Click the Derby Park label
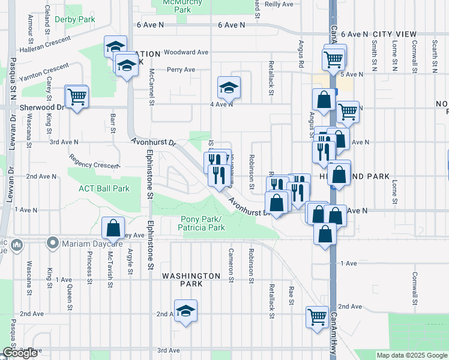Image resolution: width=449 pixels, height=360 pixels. click(x=75, y=20)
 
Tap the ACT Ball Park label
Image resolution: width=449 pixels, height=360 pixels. click(x=104, y=188)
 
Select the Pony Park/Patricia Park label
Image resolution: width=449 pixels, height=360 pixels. click(x=202, y=223)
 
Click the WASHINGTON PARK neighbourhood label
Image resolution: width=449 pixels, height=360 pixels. click(x=191, y=275)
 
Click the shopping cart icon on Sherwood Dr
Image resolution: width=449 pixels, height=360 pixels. click(x=77, y=96)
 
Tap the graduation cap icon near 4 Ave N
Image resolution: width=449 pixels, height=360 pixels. click(x=228, y=88)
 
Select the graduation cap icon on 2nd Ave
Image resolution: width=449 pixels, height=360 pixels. click(x=186, y=311)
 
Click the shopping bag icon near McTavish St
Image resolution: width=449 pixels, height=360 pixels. click(x=113, y=228)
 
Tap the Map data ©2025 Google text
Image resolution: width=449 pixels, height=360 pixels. click(x=411, y=355)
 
